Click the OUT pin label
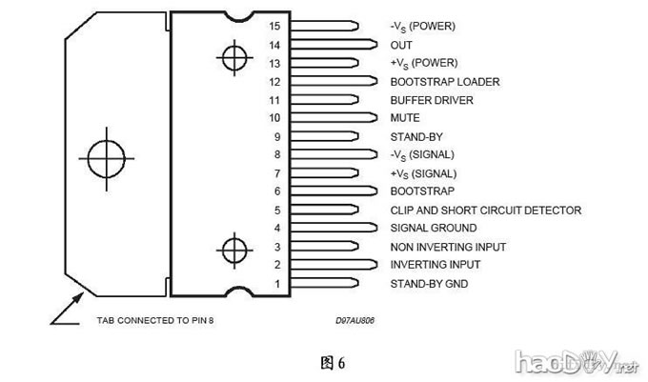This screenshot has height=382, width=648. coord(401,45)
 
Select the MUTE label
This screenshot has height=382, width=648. coord(405,118)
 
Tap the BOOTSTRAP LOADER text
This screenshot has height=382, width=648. coord(445,82)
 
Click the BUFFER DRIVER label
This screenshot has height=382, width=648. coord(432,100)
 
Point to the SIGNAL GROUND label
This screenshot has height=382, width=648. coord(434,228)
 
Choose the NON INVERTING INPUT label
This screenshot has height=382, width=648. coord(448,247)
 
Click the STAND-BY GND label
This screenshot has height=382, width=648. coord(429,284)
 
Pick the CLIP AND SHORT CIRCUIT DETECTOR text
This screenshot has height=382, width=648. coord(485,210)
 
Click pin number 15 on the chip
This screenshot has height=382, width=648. coord(274,27)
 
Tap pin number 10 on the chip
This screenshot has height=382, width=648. coord(274,118)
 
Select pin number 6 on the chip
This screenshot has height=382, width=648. coord(277,191)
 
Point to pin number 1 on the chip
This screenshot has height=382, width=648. coord(277,284)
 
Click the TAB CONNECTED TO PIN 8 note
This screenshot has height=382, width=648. coord(155,321)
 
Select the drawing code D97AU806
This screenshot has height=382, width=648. coord(354,321)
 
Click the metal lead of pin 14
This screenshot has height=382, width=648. coord(334,45)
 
